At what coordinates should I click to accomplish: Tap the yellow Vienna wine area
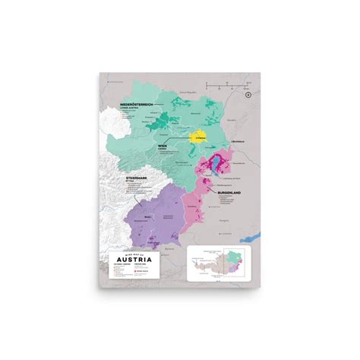click(x=197, y=137)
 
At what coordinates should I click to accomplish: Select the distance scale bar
click(x=227, y=81)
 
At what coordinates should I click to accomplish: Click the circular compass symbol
click(x=248, y=94)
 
